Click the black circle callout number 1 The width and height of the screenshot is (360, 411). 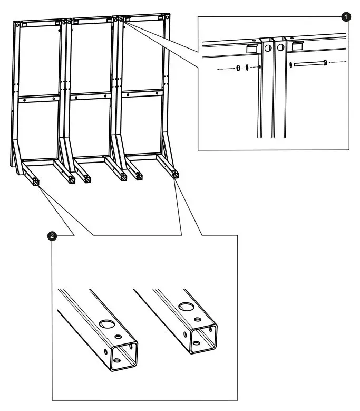[346, 17]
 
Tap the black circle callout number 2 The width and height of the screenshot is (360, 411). [51, 236]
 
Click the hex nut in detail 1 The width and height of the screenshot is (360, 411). [238, 68]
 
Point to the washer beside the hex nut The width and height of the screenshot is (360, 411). [247, 68]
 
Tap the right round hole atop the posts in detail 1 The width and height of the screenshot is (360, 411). [280, 47]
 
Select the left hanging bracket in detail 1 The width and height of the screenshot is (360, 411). [251, 47]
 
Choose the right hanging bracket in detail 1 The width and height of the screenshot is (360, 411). [297, 46]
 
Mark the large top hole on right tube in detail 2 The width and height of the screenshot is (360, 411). [185, 307]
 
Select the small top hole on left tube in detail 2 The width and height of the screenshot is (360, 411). [118, 337]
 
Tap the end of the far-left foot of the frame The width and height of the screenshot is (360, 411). [36, 182]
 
